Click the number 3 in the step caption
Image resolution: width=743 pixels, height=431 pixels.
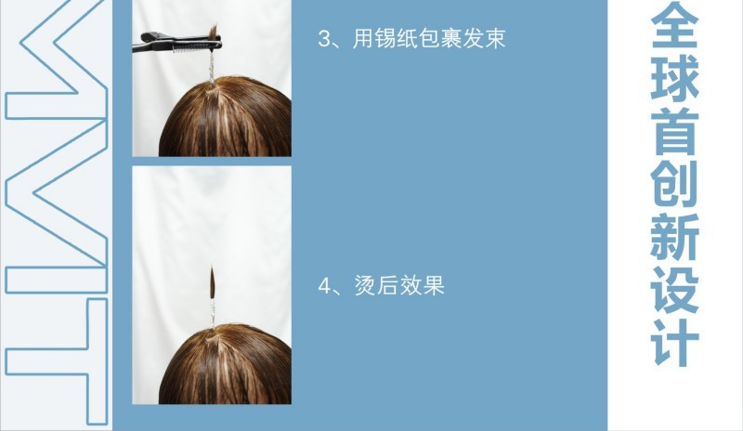(x=324, y=41)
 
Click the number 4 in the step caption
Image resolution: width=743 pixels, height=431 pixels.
(x=324, y=286)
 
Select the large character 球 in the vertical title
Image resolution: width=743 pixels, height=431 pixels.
(x=675, y=88)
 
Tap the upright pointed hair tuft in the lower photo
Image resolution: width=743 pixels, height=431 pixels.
(x=213, y=281)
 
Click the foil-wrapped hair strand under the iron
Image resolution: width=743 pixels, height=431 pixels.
(x=213, y=63)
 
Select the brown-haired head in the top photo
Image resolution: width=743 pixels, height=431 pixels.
(x=223, y=121)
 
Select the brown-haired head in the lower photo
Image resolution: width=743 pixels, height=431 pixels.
(x=223, y=367)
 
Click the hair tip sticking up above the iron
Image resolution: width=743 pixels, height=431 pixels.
(x=215, y=33)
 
